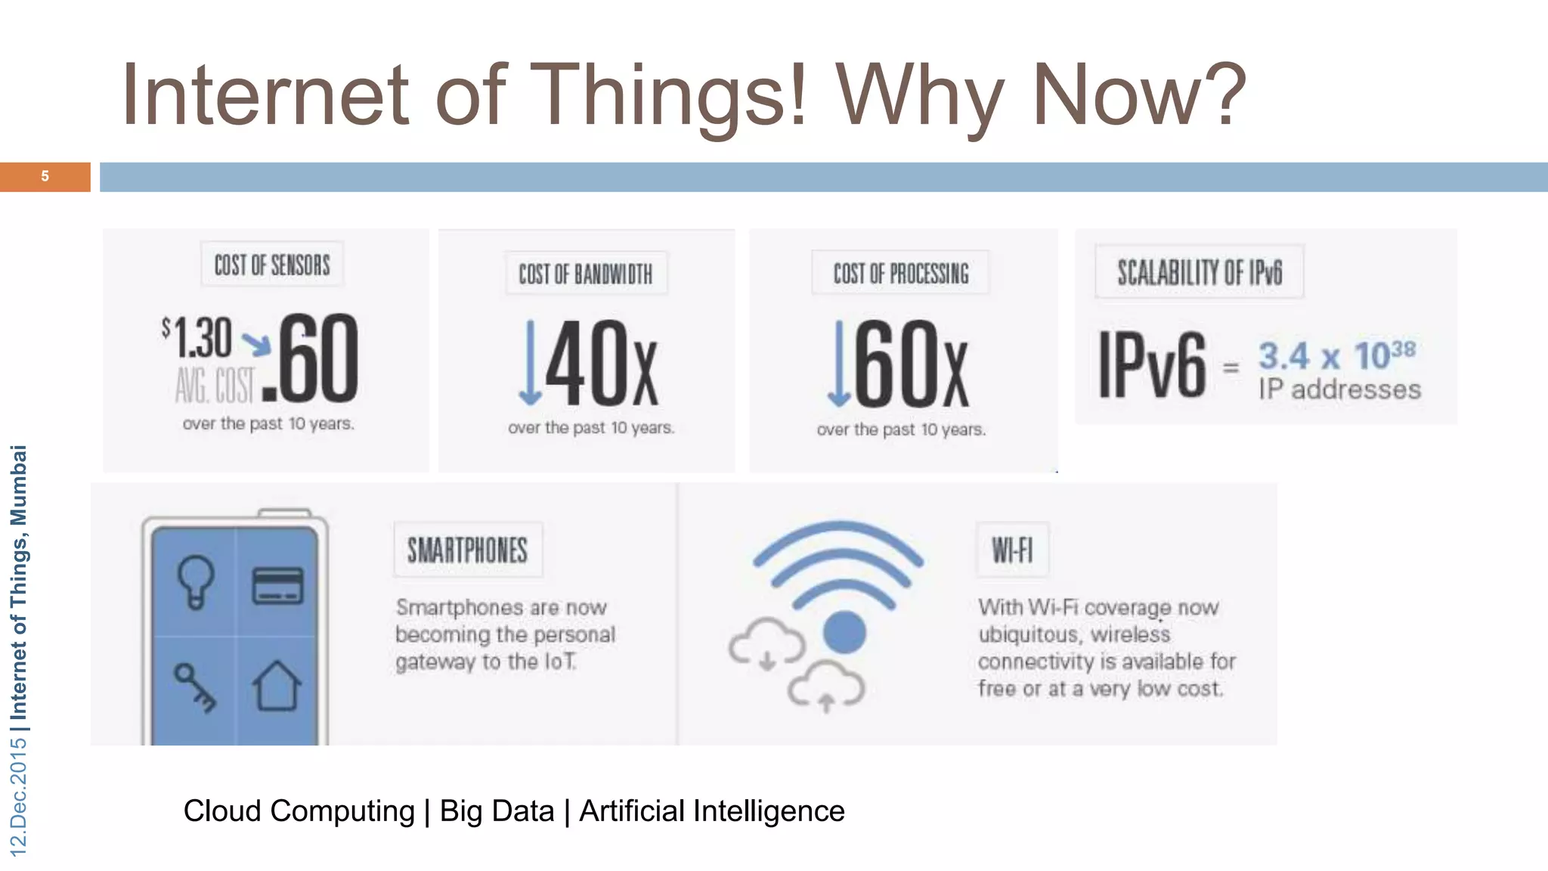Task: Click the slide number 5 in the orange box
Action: pos(45,176)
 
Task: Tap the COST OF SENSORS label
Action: pos(272,265)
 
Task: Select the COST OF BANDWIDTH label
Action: pos(586,274)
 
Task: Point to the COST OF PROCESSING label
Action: pos(900,273)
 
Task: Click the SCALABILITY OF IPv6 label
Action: pos(1200,272)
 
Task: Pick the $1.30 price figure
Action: pos(198,338)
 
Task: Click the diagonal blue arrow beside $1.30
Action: pos(256,344)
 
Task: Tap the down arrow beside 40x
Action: pos(530,363)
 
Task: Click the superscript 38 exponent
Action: pos(1403,349)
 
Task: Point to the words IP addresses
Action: pos(1339,389)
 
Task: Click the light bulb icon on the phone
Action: pos(196,581)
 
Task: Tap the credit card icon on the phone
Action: pos(277,586)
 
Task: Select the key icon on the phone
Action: pos(195,687)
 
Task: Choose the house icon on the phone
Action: pos(277,686)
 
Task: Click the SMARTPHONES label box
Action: pos(468,550)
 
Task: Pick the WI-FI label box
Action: pos(1012,550)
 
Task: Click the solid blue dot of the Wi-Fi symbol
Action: pos(844,632)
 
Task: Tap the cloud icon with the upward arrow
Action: pos(826,687)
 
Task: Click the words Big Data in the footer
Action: pos(497,811)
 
